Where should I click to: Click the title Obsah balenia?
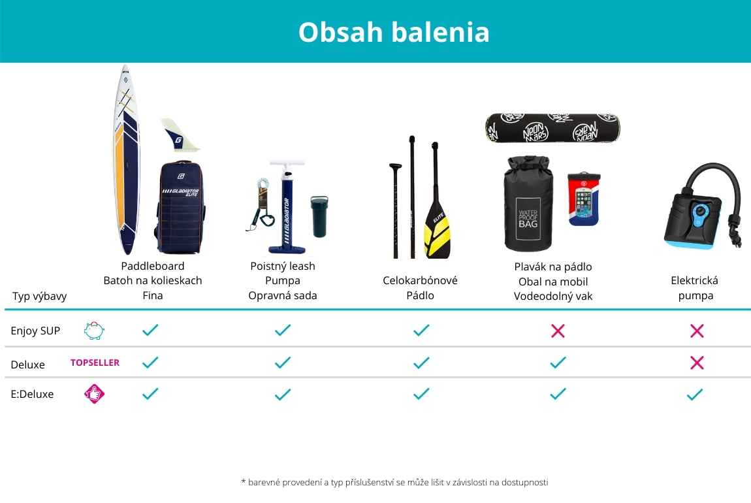point(394,32)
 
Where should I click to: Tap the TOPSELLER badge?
point(95,363)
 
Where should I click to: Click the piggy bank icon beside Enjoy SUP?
point(94,331)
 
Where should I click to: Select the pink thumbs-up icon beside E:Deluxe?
point(94,394)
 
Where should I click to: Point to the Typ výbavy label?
point(39,297)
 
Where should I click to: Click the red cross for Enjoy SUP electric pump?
point(697,331)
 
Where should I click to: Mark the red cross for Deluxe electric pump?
point(697,363)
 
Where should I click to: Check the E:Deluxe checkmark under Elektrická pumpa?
point(694,395)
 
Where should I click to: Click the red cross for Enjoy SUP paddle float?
point(558,331)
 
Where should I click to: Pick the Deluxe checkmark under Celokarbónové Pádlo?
point(421,363)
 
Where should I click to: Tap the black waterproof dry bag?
point(528,204)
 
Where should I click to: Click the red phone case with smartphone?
point(583,199)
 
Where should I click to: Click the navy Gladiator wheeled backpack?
point(180,207)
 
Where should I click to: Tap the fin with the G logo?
point(180,136)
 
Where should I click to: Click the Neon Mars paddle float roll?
point(552,129)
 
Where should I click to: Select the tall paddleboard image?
point(127,159)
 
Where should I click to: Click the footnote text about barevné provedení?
point(394,482)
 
